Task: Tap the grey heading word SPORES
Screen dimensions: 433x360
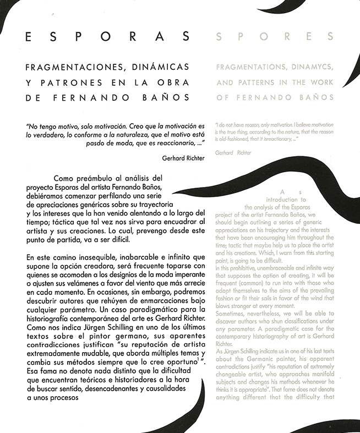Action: pos(275,37)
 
